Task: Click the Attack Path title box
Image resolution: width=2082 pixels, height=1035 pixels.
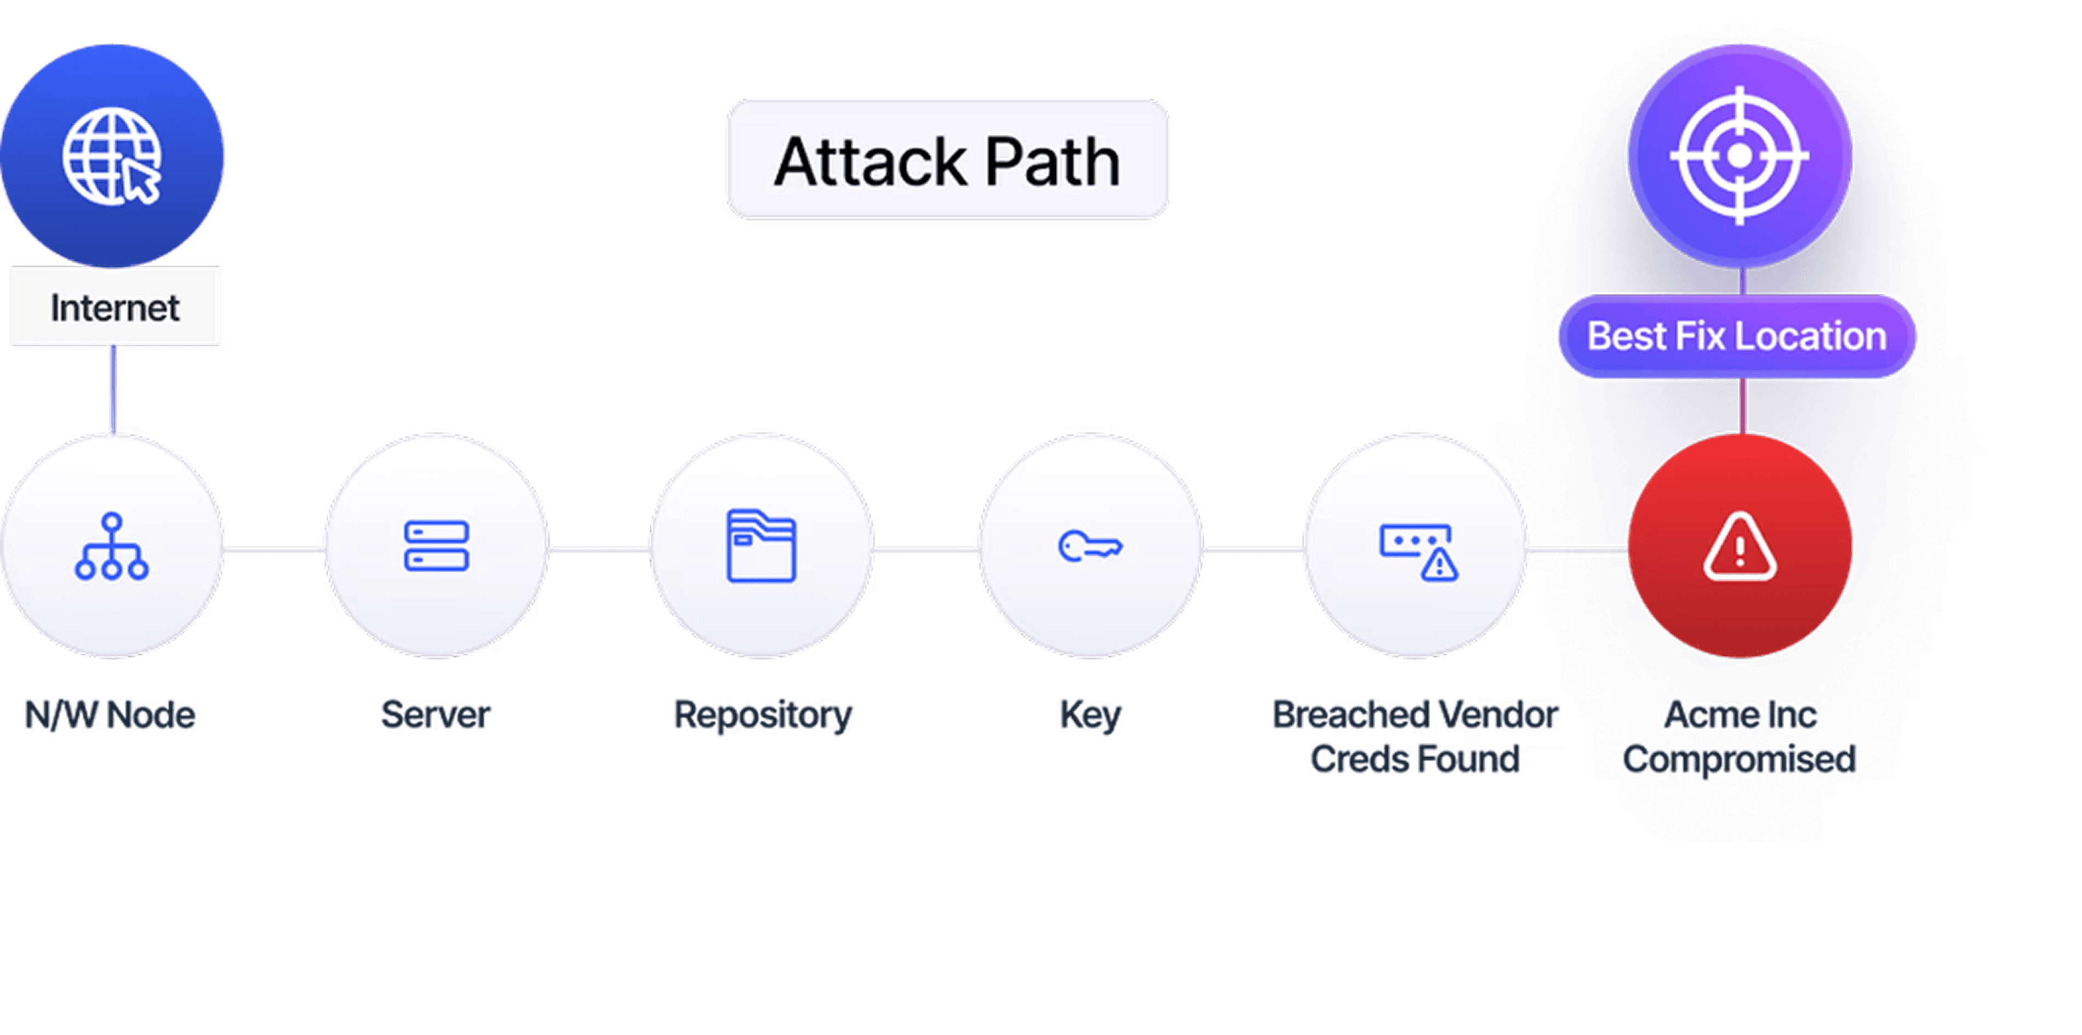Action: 946,161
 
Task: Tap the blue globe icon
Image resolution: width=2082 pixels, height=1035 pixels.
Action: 112,156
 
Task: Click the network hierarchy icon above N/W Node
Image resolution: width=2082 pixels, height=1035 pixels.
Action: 112,547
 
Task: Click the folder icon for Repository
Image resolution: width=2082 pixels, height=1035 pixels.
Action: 762,546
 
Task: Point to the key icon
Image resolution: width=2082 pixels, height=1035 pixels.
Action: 1090,547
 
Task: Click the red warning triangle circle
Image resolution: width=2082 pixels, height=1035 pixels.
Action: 1740,547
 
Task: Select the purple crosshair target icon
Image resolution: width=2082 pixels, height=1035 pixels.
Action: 1740,155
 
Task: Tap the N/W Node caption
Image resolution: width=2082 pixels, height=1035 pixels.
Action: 111,715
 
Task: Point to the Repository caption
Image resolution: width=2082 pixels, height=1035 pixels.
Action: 764,715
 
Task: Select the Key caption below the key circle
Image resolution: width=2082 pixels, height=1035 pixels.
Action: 1090,715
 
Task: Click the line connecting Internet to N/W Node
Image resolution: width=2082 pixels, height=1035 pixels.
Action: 115,390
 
